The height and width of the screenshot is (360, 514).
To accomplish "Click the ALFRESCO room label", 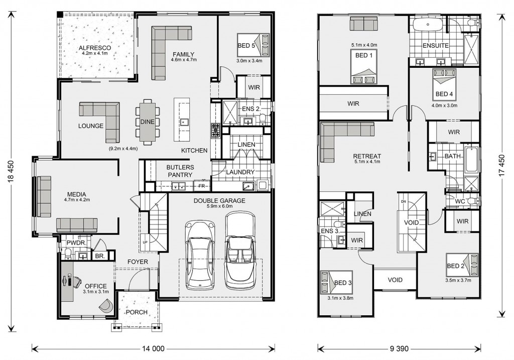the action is [95, 48].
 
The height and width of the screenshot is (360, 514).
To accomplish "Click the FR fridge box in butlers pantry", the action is [202, 186].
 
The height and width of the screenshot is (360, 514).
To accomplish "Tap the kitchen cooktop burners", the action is [215, 130].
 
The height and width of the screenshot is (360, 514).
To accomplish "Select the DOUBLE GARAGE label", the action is [219, 201].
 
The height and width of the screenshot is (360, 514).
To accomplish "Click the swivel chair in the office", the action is [106, 305].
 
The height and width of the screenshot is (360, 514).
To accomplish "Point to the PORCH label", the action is [137, 312].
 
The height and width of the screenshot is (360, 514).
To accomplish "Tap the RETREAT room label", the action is [367, 156].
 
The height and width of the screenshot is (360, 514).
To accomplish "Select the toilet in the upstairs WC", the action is [473, 200].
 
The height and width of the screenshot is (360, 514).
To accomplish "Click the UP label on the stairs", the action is [145, 243].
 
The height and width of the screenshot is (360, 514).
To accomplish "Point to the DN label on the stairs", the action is [404, 201].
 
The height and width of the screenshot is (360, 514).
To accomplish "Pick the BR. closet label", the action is [100, 257].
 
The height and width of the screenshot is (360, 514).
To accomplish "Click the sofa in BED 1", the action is [364, 24].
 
